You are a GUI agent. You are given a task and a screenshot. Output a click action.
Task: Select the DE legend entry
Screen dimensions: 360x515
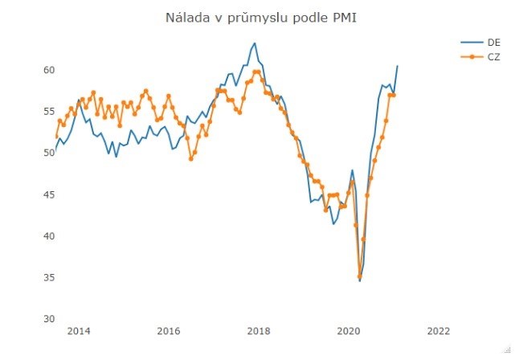493,42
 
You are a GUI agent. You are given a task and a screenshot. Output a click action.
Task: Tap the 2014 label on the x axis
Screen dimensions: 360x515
78,331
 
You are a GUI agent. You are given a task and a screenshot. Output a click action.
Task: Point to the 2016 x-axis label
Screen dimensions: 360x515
168,331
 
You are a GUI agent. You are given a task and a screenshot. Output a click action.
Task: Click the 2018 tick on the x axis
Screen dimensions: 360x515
258,331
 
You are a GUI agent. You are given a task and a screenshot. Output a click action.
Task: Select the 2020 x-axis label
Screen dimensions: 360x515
349,331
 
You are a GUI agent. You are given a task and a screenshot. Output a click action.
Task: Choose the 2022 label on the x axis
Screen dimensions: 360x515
439,331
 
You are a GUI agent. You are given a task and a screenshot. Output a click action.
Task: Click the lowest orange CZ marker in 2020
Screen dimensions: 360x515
359,276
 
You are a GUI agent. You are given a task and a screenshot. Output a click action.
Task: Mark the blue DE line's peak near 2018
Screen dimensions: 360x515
255,43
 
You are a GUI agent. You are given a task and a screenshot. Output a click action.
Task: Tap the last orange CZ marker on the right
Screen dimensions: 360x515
394,95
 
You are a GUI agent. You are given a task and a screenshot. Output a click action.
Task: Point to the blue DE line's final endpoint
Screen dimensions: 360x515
397,66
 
